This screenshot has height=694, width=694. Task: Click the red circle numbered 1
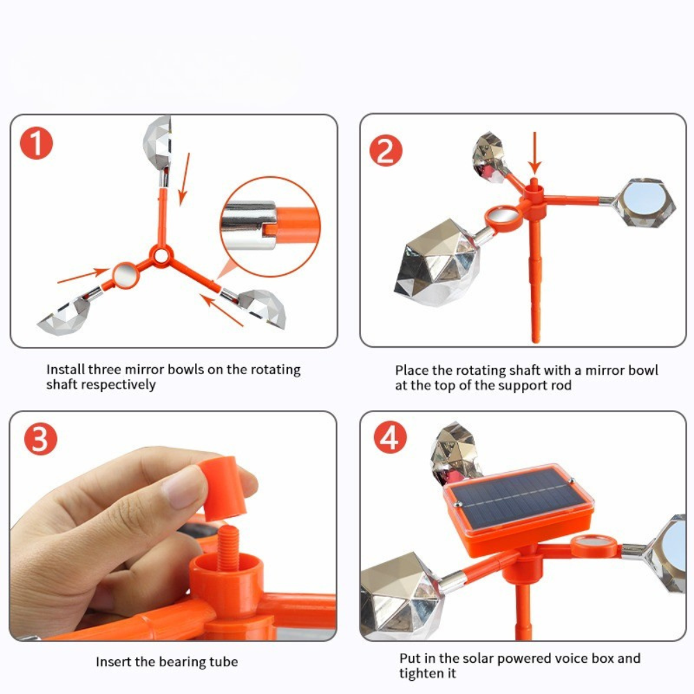[36, 144]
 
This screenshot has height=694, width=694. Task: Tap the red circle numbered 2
[386, 151]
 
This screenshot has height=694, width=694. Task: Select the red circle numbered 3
[40, 439]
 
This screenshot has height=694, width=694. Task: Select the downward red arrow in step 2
[534, 153]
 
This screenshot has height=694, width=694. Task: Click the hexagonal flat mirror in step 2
[645, 202]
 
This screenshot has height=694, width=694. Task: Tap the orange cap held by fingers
[221, 489]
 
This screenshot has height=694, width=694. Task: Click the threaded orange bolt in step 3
[228, 548]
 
